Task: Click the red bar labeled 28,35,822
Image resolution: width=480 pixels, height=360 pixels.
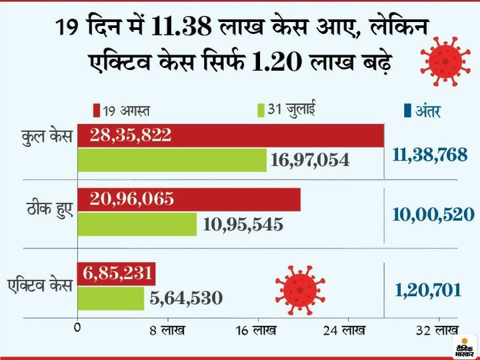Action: pyautogui.click(x=230, y=135)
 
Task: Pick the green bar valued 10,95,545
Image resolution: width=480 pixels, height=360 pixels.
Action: pyautogui.click(x=137, y=225)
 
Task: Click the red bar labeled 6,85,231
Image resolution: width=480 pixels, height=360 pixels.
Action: pyautogui.click(x=117, y=273)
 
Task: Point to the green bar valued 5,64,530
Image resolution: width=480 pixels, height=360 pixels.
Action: pyautogui.click(x=111, y=298)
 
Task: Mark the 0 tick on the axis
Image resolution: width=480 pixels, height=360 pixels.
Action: pyautogui.click(x=78, y=328)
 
